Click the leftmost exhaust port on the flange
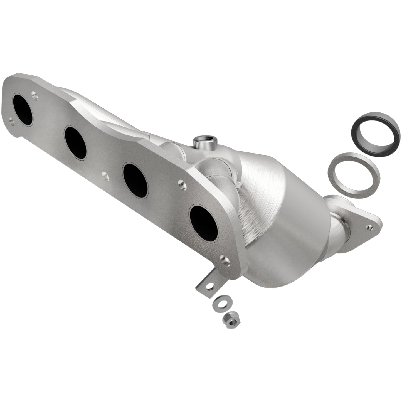[22, 110]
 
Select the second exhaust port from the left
[75, 142]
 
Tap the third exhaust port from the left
[135, 180]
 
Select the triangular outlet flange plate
[362, 220]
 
